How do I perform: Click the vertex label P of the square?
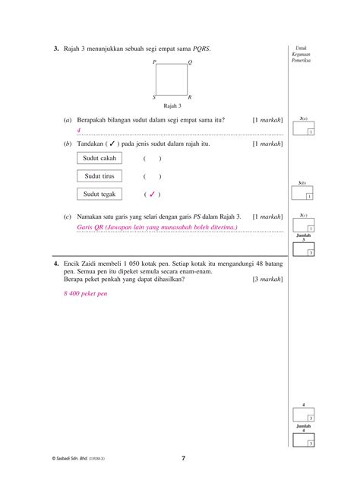click(153, 62)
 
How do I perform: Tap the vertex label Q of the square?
click(190, 62)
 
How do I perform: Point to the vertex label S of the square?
click(153, 97)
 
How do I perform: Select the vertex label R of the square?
click(190, 97)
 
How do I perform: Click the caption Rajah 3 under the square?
click(172, 106)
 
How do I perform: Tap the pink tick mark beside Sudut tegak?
click(152, 194)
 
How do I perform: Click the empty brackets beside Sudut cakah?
click(152, 158)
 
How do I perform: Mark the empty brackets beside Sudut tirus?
click(152, 176)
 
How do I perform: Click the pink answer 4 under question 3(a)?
click(78, 130)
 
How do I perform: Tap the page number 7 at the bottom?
click(183, 458)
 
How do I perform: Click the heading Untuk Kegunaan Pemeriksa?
click(303, 53)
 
